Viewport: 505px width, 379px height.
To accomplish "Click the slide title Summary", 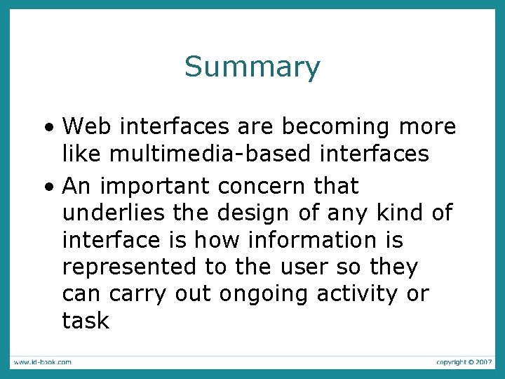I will (x=252, y=67).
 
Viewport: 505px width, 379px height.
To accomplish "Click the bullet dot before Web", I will (x=48, y=129).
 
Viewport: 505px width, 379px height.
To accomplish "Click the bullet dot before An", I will (x=48, y=188).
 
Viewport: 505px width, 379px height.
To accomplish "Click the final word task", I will (x=86, y=321).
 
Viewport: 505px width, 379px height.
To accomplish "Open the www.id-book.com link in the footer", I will (x=41, y=361).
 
